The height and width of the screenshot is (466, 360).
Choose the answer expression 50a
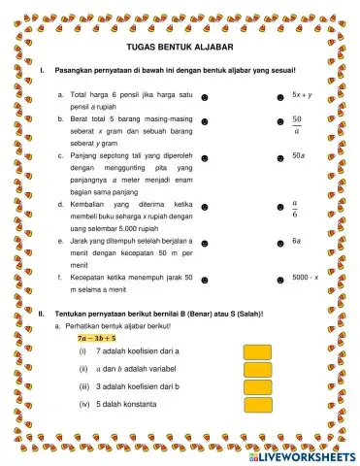pos(298,154)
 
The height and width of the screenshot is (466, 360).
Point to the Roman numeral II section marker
pos(41,314)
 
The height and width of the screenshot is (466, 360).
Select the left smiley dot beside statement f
pos(207,278)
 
